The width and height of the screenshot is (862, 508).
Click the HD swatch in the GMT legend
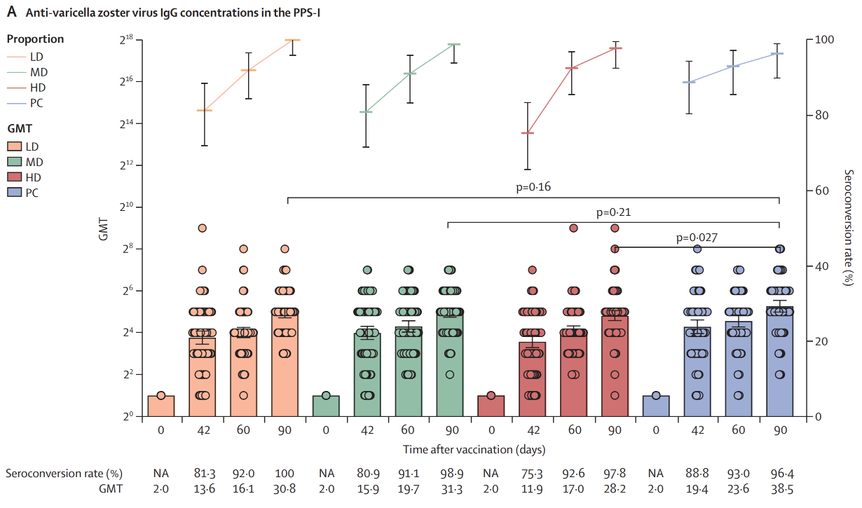tap(14, 177)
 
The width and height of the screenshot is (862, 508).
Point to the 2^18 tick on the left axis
tap(125, 41)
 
